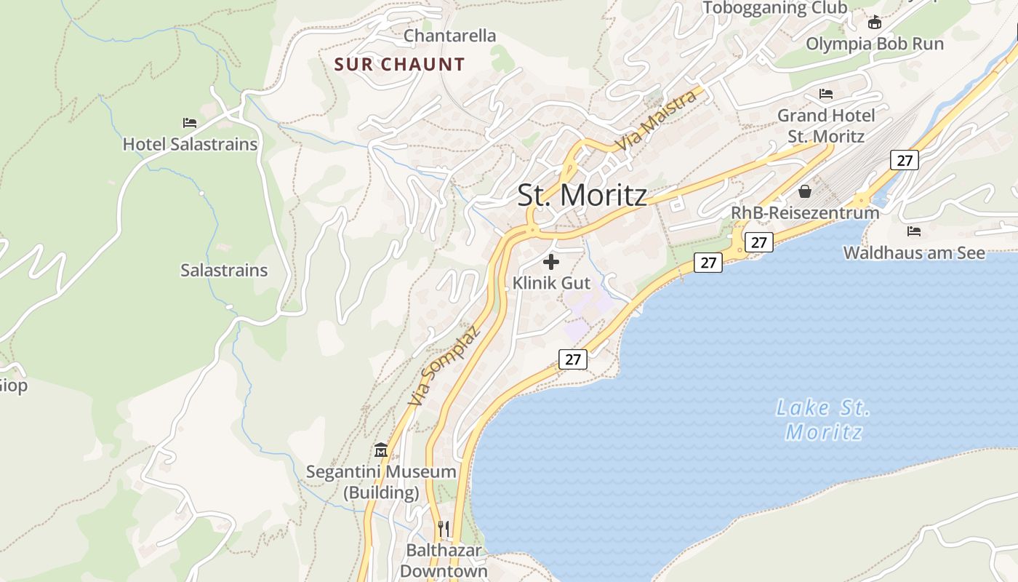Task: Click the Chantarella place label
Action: point(449,36)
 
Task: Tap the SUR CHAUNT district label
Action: point(399,64)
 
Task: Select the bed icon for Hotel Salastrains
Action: point(190,123)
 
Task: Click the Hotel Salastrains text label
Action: point(190,144)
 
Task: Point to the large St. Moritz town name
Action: point(582,195)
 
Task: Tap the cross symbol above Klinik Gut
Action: point(551,262)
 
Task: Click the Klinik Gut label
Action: point(551,282)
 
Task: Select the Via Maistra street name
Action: point(656,120)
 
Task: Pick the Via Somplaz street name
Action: point(444,366)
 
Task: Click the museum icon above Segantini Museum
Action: point(381,450)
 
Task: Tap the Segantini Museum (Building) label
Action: point(381,482)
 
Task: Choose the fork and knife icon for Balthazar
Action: point(444,528)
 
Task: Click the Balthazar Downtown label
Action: point(444,560)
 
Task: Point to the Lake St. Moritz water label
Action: point(823,420)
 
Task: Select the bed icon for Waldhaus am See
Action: point(914,231)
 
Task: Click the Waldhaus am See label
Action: point(914,252)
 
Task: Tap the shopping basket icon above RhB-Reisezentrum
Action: point(805,191)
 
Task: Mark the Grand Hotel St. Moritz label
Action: point(826,125)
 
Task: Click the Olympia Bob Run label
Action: point(874,44)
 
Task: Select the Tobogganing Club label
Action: point(774,8)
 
